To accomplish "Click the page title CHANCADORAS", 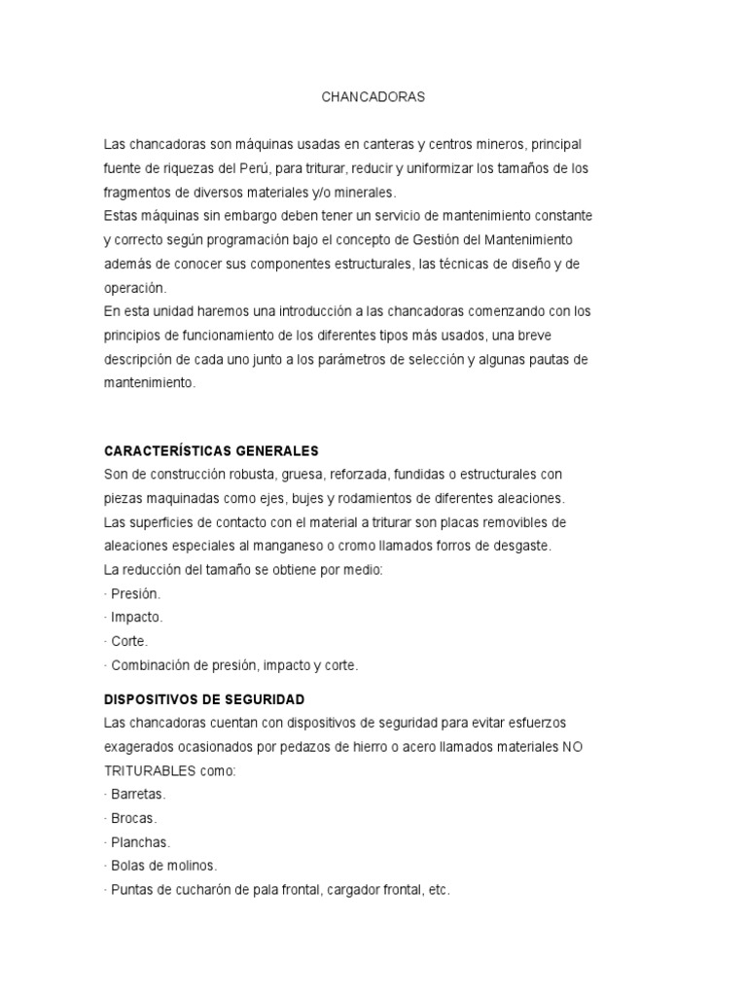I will [373, 97].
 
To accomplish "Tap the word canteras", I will [388, 144].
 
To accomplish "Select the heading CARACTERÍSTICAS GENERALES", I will [211, 451].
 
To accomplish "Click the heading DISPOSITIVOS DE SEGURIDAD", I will [204, 699].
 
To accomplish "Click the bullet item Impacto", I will [137, 618].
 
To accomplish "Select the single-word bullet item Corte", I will [129, 642].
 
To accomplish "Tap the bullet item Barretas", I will [138, 795].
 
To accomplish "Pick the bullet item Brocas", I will [134, 819].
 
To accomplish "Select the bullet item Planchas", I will [140, 842].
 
